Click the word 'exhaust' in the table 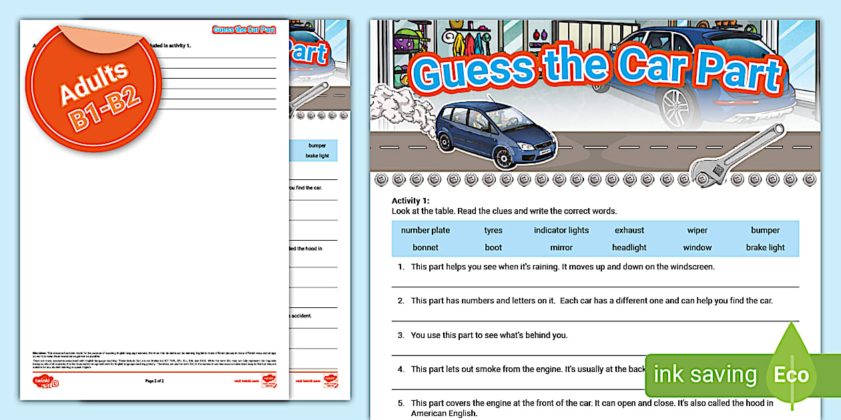tap(629, 231)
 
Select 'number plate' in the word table tap(425, 231)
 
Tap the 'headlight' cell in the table tap(629, 248)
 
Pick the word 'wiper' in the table tap(697, 231)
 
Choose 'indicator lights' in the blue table tap(561, 231)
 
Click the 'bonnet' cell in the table tap(425, 248)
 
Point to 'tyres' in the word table tap(493, 231)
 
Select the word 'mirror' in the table tap(561, 248)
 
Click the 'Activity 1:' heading tap(410, 201)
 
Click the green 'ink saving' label tap(705, 375)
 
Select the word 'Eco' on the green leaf tap(791, 374)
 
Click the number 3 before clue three tap(400, 335)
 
